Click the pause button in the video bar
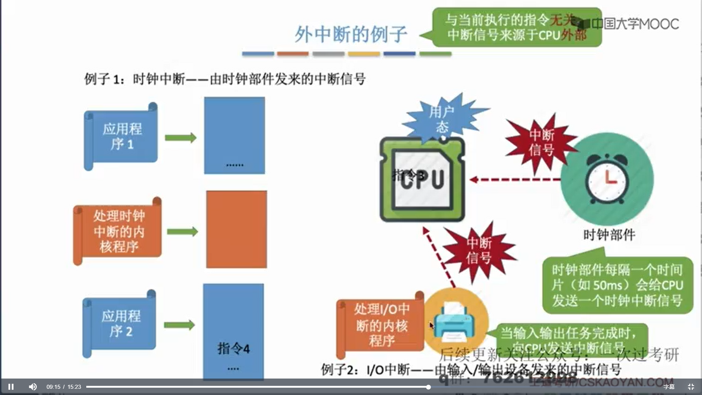point(11,387)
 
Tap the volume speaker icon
point(33,387)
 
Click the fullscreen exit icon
point(691,387)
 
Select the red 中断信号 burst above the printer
point(479,251)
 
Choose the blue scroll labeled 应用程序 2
point(120,324)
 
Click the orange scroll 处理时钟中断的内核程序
point(118,231)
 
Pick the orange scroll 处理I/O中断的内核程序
point(380,325)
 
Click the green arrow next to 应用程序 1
point(181,138)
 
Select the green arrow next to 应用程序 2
point(180,325)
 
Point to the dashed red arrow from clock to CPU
point(516,180)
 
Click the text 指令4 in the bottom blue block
point(233,348)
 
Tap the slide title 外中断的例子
point(350,34)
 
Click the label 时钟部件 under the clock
point(609,234)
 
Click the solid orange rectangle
point(236,229)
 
